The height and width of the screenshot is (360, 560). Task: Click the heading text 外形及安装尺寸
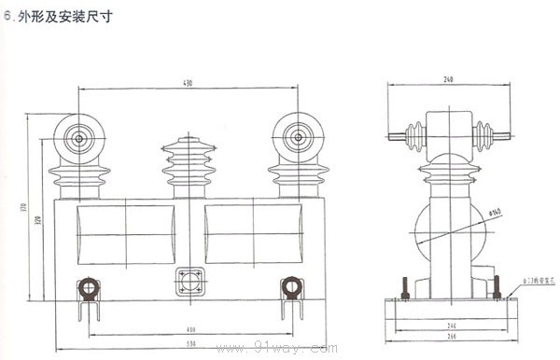click(x=63, y=16)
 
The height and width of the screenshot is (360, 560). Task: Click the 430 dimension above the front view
click(x=188, y=85)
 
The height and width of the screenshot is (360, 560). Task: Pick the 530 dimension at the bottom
click(x=189, y=345)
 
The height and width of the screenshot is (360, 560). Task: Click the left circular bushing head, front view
click(x=78, y=139)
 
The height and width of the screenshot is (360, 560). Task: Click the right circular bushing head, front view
click(x=298, y=138)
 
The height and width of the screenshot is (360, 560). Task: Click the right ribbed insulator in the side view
click(x=484, y=136)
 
